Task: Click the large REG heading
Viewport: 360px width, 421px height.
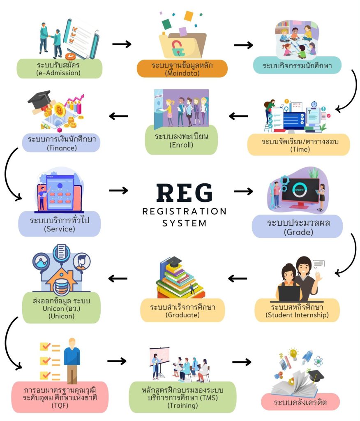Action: tap(185, 193)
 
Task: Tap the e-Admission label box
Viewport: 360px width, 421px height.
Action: tap(60, 69)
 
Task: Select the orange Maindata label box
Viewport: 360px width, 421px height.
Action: tap(182, 69)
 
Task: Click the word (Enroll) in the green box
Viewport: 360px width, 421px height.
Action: tap(181, 145)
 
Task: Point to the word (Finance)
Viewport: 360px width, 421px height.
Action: tap(62, 148)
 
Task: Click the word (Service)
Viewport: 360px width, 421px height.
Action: tap(60, 229)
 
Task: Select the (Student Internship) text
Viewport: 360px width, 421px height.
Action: tap(297, 315)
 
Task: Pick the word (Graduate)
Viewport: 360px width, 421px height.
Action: tap(182, 315)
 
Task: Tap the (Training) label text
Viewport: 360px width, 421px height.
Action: tap(182, 405)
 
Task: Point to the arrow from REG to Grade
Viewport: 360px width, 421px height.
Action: tap(243, 191)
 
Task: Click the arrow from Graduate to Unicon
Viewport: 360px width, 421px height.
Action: tap(118, 279)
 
